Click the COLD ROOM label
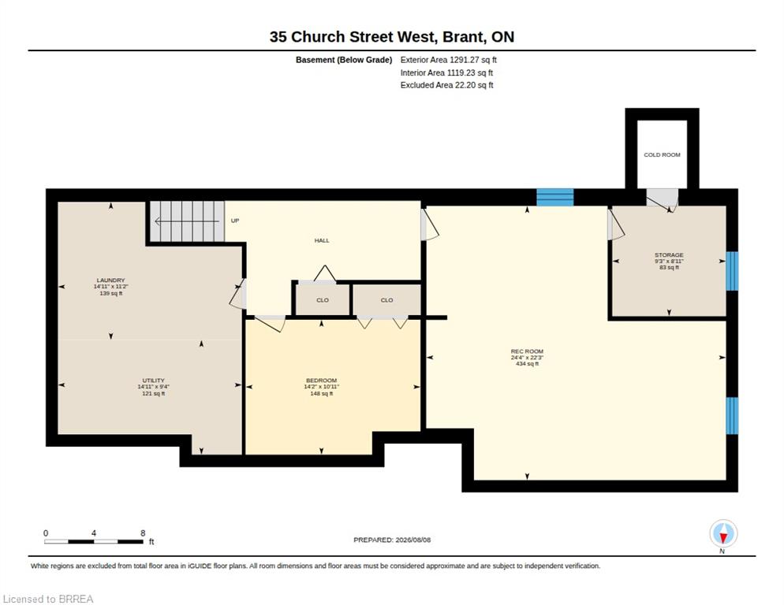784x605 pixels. pyautogui.click(x=662, y=155)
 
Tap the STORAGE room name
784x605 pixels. pyautogui.click(x=669, y=254)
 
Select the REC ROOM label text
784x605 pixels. pyautogui.click(x=527, y=351)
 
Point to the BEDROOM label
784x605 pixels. pyautogui.click(x=322, y=380)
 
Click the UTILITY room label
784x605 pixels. pyautogui.click(x=153, y=380)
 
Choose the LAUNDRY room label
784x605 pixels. pyautogui.click(x=111, y=280)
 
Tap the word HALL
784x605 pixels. pyautogui.click(x=322, y=240)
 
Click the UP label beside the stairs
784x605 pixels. pyautogui.click(x=235, y=221)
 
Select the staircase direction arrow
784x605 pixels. pyautogui.click(x=187, y=221)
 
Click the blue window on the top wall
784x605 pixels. pyautogui.click(x=555, y=198)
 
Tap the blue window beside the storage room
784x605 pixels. pyautogui.click(x=732, y=271)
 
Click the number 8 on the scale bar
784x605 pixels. pyautogui.click(x=143, y=533)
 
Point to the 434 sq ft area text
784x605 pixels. pyautogui.click(x=527, y=364)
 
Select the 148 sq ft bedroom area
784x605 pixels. pyautogui.click(x=322, y=394)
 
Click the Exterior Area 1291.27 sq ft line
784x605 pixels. pyautogui.click(x=449, y=60)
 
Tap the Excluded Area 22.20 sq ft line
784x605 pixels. pyautogui.click(x=447, y=85)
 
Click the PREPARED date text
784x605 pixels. pyautogui.click(x=392, y=540)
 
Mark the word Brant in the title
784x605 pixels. pyautogui.click(x=464, y=37)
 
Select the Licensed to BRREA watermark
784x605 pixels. pyautogui.click(x=48, y=599)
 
